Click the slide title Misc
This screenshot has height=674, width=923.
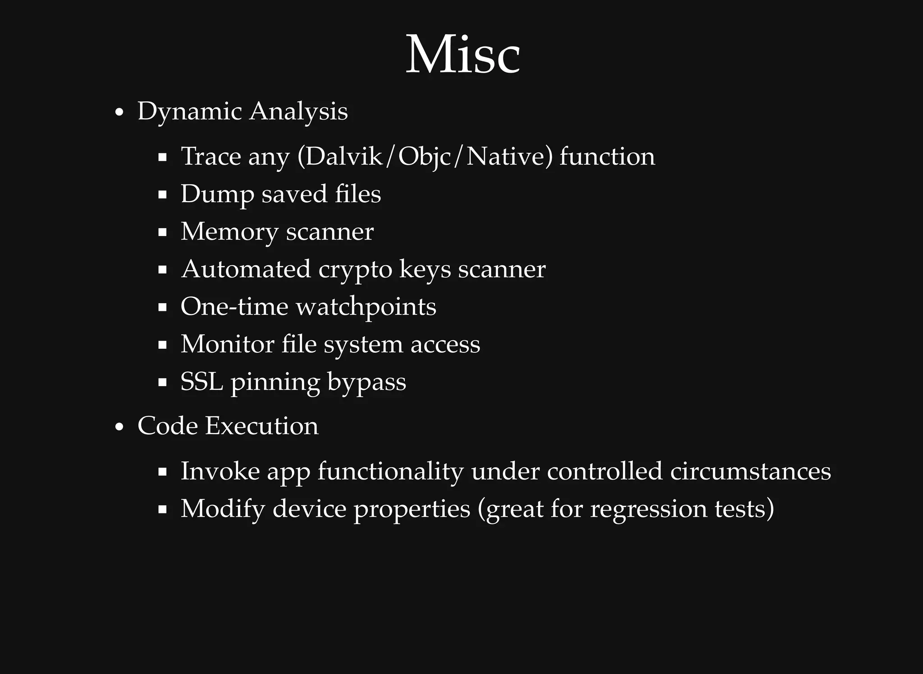463,55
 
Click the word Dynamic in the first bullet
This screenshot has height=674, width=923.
190,111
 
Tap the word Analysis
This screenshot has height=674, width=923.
298,111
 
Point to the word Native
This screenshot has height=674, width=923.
505,157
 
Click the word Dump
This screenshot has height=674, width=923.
217,194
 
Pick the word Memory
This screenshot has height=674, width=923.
229,232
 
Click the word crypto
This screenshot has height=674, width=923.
355,270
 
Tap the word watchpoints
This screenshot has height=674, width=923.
366,307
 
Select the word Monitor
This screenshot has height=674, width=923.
227,344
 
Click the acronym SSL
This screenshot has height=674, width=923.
201,382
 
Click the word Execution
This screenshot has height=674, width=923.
261,426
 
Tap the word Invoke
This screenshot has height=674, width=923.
220,471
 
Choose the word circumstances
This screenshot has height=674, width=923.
750,471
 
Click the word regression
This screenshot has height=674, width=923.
649,509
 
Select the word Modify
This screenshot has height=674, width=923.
223,509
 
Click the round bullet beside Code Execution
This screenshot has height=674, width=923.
119,427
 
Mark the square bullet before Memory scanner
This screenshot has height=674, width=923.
163,233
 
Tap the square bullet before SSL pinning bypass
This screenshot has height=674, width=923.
163,383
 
